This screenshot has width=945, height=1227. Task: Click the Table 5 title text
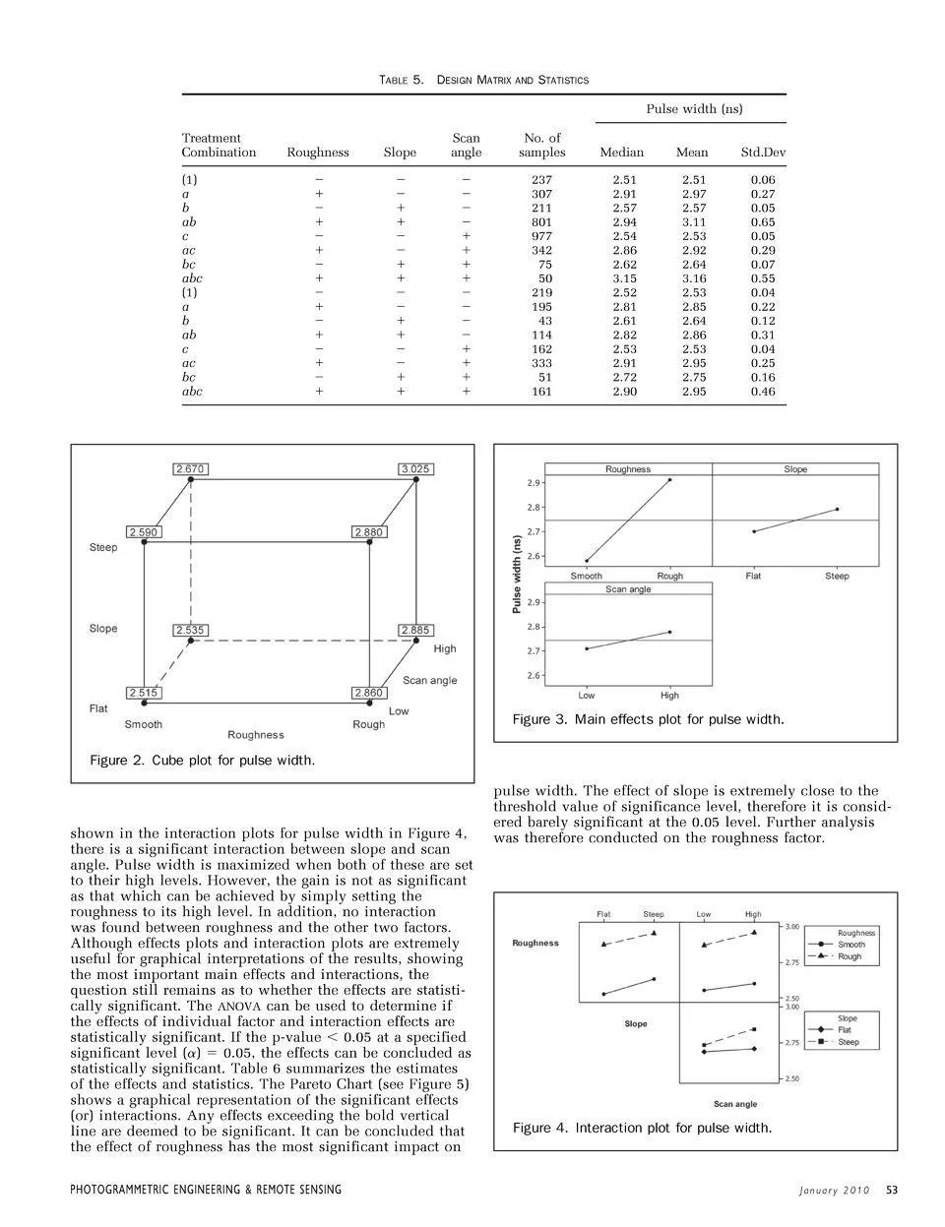(483, 79)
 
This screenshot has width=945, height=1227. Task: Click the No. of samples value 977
(541, 236)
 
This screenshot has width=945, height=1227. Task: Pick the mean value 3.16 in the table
(694, 278)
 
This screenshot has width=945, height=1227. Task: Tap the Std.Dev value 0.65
(763, 222)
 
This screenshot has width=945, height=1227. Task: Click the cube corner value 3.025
(415, 469)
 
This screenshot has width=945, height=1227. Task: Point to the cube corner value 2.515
(143, 693)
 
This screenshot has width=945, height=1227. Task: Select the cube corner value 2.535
(190, 630)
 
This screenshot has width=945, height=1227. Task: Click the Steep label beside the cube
(103, 547)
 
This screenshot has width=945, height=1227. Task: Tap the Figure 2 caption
(202, 761)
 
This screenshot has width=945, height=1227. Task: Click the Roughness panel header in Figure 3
(628, 469)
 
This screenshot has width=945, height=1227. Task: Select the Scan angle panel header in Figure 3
(628, 589)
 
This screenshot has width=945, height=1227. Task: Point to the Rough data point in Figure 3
(670, 480)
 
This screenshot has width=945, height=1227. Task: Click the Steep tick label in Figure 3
(837, 576)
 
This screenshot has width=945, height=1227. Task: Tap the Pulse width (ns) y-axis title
(518, 574)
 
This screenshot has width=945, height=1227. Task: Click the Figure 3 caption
(648, 719)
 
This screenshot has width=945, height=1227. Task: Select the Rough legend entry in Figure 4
(850, 956)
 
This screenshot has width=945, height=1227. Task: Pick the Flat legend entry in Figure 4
(845, 1030)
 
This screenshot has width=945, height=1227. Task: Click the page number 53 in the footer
(892, 1190)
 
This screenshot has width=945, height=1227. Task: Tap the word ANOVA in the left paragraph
(238, 1006)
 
